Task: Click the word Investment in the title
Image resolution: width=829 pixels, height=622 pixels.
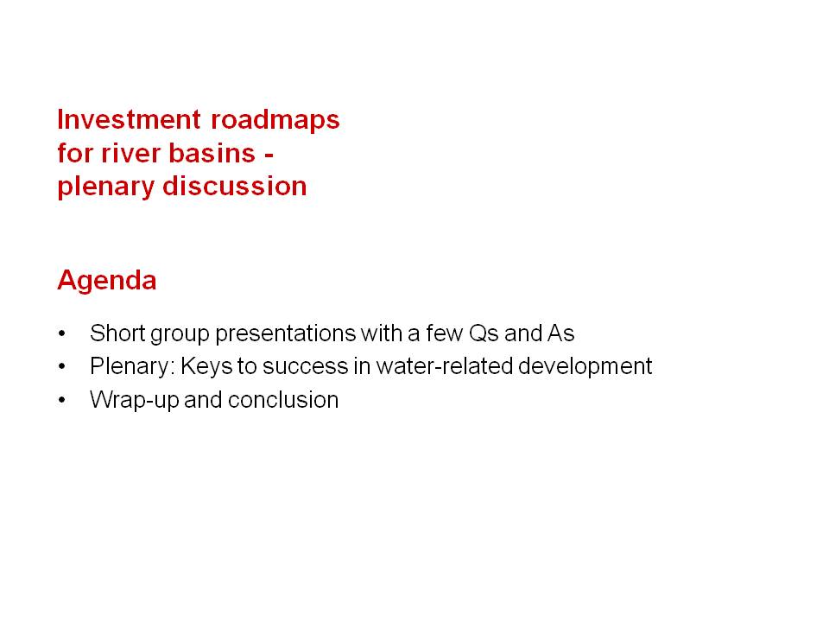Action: pos(129,119)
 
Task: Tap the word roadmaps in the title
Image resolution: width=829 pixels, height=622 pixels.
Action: pos(275,119)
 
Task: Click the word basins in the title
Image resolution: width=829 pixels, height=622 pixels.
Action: pos(212,153)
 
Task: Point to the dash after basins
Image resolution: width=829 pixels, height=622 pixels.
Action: pos(269,155)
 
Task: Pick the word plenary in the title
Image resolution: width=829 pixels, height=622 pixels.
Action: pos(105,187)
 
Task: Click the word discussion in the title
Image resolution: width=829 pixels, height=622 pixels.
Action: pos(235,186)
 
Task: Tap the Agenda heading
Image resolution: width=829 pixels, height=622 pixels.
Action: pos(107,280)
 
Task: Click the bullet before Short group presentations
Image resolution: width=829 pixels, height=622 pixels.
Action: pos(62,333)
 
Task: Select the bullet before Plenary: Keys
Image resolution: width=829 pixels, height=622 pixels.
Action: pos(62,366)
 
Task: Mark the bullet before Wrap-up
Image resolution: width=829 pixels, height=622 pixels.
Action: pos(62,400)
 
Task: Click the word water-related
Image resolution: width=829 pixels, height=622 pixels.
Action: pos(445,366)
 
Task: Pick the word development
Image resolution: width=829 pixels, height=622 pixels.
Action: pos(585,367)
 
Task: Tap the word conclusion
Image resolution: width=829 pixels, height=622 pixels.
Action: pos(283,400)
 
